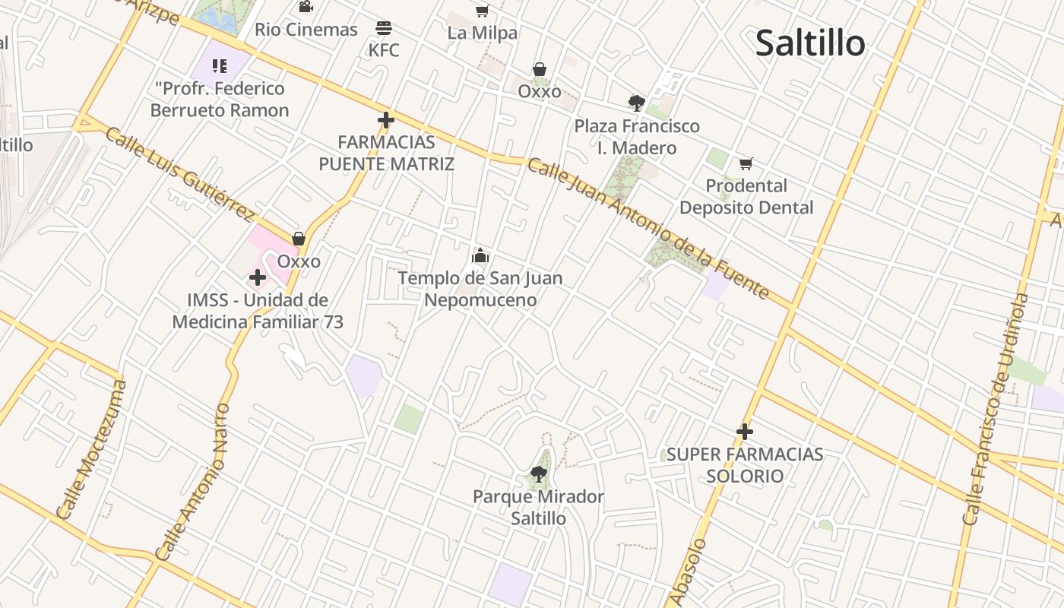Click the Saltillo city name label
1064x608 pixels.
coord(810,43)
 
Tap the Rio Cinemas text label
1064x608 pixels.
coord(306,30)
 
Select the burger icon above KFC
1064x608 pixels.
coord(384,29)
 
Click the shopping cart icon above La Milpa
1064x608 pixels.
coord(482,11)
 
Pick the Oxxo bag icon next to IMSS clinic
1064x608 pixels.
coord(299,239)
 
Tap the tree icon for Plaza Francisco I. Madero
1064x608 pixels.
coord(637,103)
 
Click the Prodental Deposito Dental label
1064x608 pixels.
coord(746,197)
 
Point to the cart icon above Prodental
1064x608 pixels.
coord(746,163)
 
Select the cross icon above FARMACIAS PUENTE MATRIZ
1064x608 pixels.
coord(386,120)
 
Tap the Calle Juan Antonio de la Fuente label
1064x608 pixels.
coord(648,228)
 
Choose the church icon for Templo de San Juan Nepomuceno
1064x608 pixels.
coord(480,255)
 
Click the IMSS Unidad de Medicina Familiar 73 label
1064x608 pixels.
coord(258,311)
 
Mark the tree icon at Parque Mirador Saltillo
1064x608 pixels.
coord(539,475)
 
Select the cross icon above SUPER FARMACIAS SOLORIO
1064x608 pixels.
coord(745,432)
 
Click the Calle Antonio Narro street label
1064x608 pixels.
coord(192,483)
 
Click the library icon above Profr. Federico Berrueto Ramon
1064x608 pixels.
coord(220,66)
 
